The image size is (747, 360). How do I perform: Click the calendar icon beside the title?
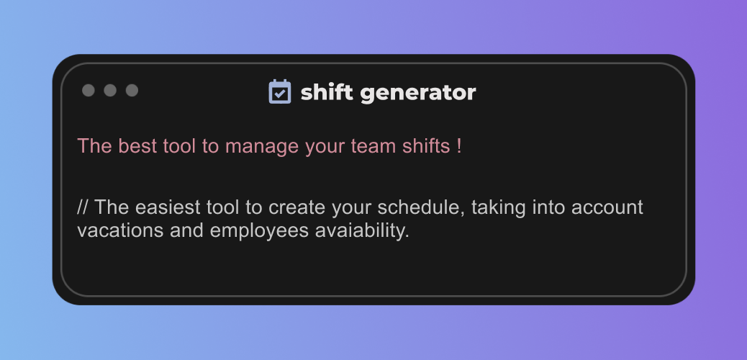click(x=279, y=91)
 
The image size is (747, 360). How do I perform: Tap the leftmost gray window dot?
click(x=89, y=90)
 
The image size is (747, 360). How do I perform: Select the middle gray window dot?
click(x=110, y=90)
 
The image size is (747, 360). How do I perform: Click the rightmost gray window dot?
click(x=132, y=90)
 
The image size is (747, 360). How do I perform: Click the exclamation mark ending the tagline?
click(x=459, y=145)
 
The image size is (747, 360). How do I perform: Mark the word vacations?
click(x=112, y=230)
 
